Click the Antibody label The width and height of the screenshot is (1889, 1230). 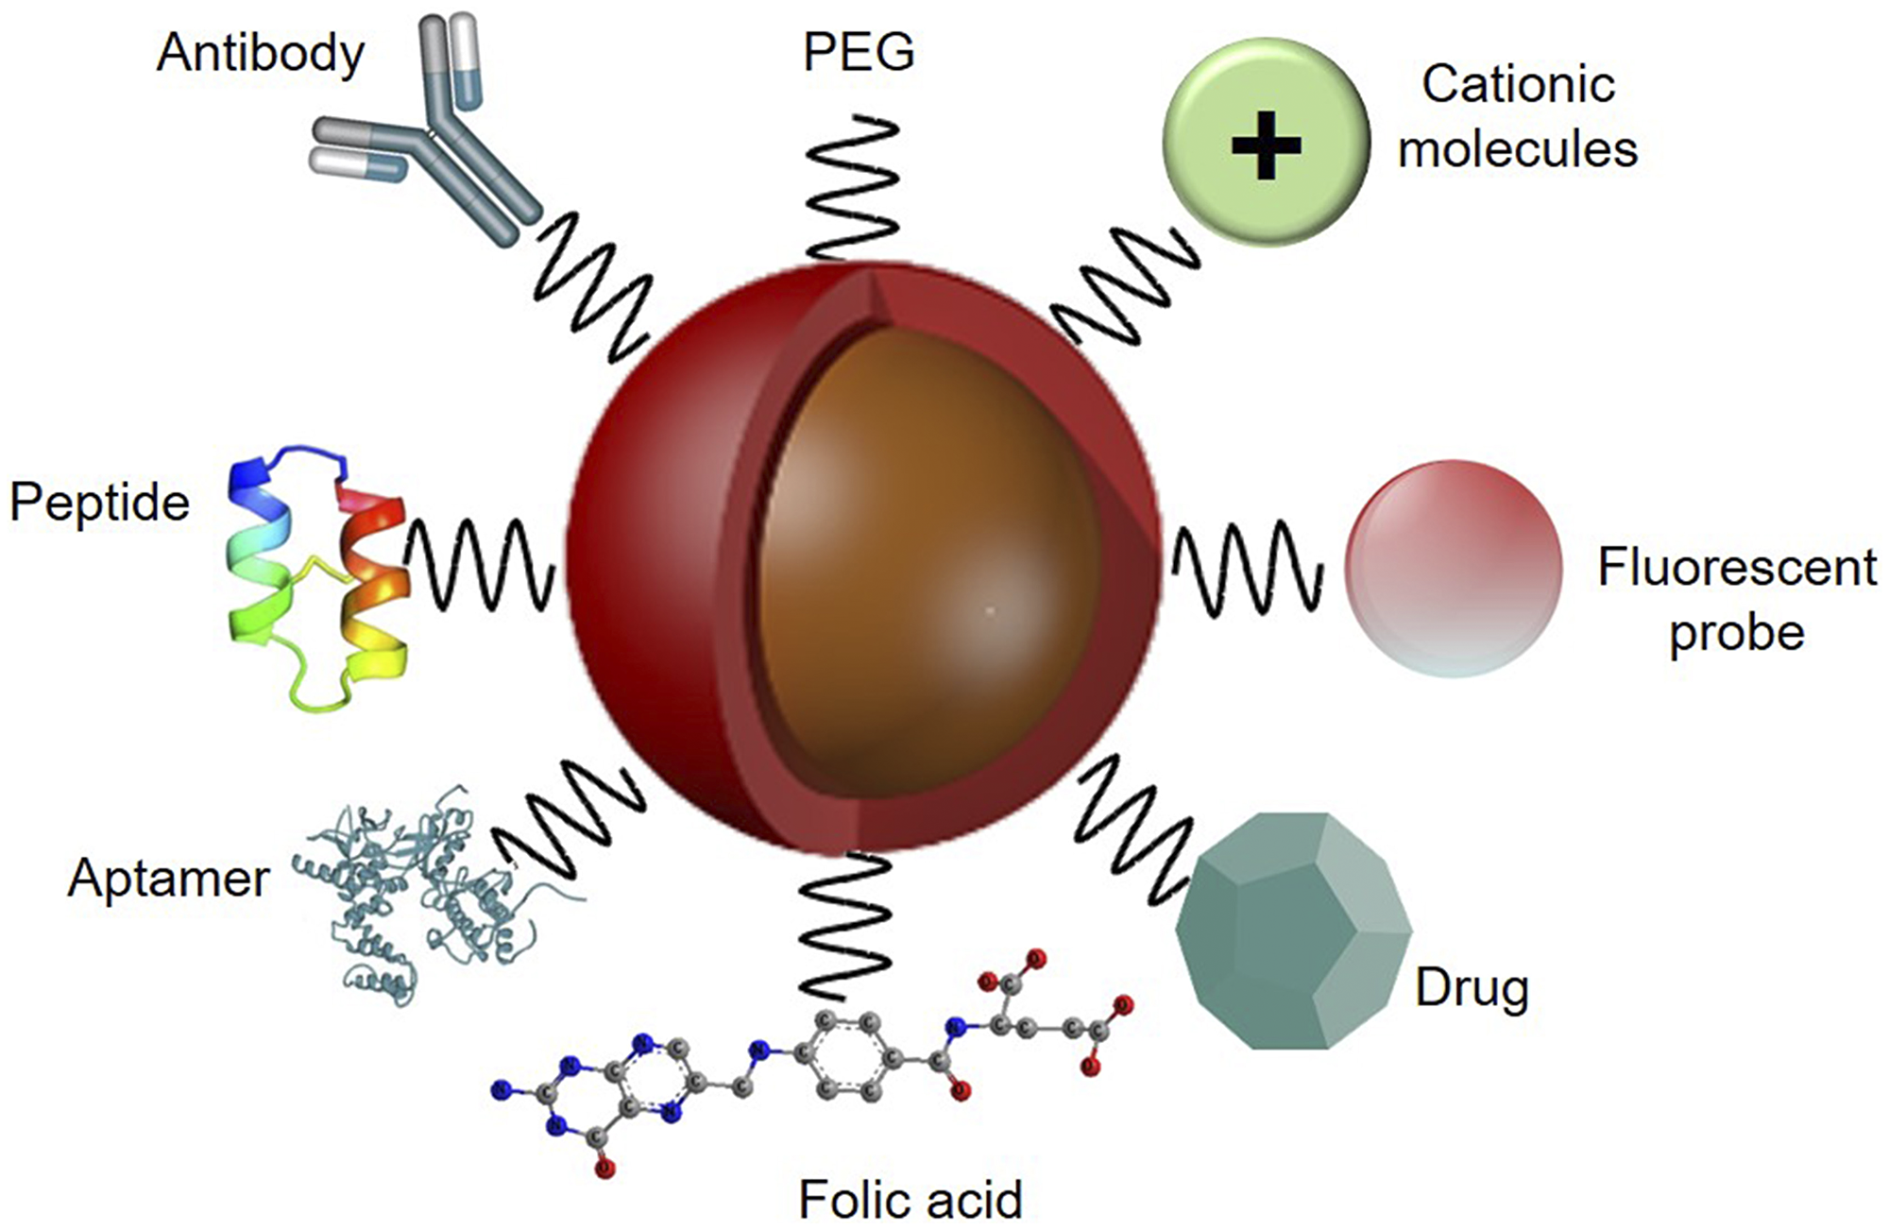(261, 54)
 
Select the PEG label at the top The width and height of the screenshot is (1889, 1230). (859, 52)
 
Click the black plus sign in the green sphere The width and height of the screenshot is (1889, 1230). (1267, 145)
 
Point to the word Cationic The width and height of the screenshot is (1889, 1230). (1518, 85)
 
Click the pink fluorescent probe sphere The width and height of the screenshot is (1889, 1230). (1453, 569)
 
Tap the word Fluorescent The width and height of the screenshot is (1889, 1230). (1736, 569)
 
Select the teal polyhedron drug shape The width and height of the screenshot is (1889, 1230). (1292, 931)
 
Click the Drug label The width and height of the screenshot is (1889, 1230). (1472, 989)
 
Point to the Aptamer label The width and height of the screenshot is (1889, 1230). (168, 880)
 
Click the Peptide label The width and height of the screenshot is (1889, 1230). (99, 503)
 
